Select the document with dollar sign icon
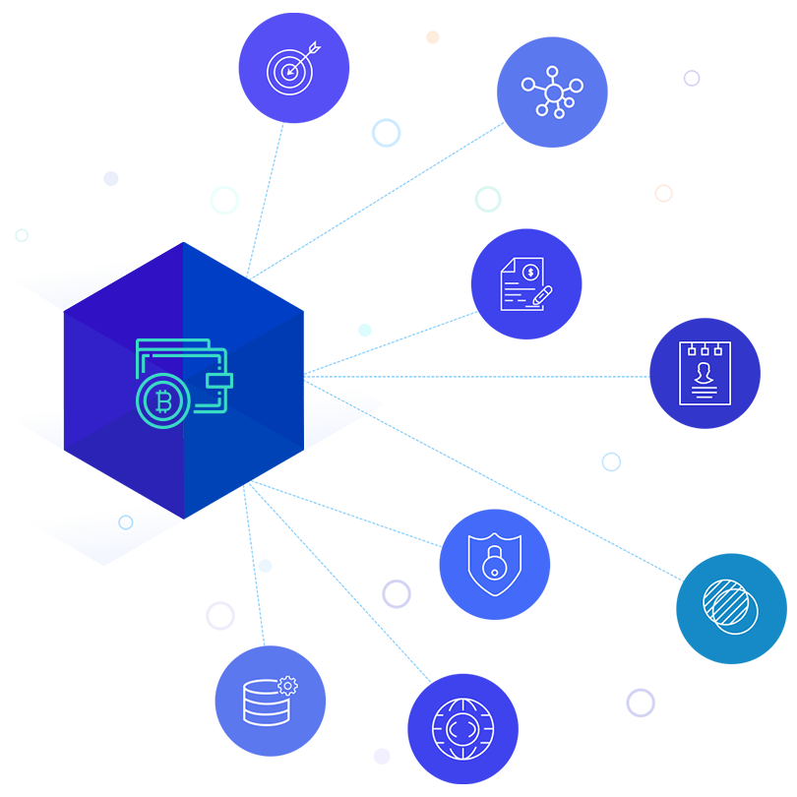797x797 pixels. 524,284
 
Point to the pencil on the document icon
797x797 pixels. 542,294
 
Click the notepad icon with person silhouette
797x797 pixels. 705,373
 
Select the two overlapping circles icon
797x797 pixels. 730,605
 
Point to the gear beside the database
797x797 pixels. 287,685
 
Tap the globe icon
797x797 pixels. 462,729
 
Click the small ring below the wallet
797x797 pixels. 126,522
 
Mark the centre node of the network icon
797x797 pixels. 553,92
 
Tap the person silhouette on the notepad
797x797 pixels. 705,372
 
